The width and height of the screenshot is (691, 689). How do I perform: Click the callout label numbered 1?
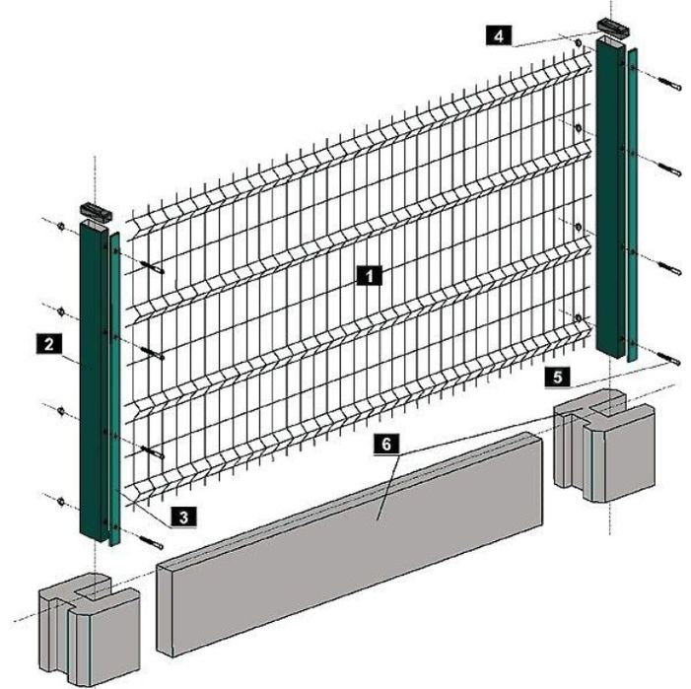tap(370, 276)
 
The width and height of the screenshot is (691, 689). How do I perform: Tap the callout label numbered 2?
tap(49, 343)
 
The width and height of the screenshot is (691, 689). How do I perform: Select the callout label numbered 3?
tap(183, 517)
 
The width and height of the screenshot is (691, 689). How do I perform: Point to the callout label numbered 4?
tap(499, 35)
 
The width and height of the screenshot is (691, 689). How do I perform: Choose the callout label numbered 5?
tap(558, 378)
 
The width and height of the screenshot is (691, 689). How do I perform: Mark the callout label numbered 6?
tap(386, 445)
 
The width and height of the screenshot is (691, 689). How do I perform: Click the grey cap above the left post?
tap(96, 212)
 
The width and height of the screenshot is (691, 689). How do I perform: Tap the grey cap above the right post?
tap(613, 28)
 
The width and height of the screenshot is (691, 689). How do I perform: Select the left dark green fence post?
tap(94, 381)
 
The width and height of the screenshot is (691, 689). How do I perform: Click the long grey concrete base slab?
tap(350, 544)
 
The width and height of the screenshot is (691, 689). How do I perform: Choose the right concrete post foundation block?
tap(604, 446)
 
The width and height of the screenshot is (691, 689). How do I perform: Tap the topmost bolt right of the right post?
tap(669, 84)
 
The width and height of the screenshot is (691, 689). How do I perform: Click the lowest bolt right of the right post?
tap(669, 358)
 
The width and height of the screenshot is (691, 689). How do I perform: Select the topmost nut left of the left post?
tap(61, 227)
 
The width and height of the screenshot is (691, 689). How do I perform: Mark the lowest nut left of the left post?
tap(61, 501)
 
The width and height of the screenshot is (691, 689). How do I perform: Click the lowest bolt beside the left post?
tap(151, 542)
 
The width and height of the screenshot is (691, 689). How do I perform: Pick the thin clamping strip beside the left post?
tap(114, 388)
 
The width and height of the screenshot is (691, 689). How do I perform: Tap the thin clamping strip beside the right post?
tap(633, 204)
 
